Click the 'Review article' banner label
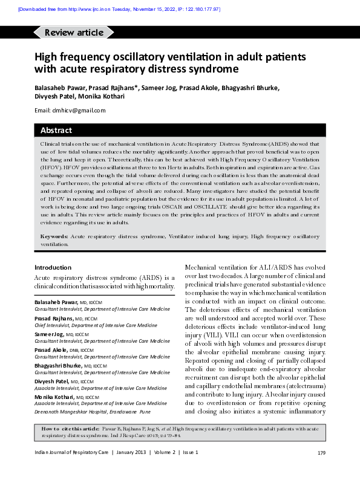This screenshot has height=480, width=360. [x=74, y=33]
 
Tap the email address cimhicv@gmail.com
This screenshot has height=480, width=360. [x=79, y=110]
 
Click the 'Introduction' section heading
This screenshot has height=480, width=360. [x=53, y=267]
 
